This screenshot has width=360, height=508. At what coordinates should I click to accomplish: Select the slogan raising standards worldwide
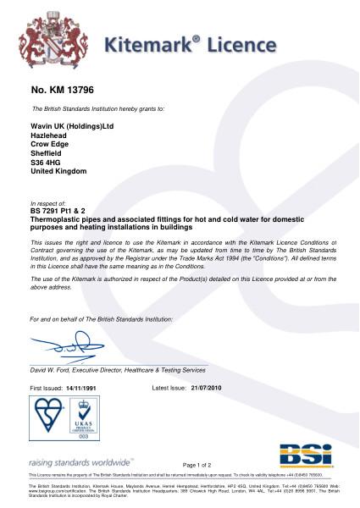tap(82, 462)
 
